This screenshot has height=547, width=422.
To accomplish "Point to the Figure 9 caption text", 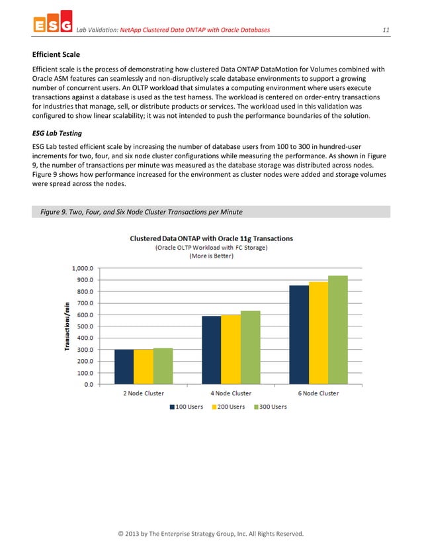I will point(142,212).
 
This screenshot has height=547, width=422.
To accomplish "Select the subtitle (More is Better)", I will point(211,256).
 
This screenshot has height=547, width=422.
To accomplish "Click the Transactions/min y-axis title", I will point(67,327).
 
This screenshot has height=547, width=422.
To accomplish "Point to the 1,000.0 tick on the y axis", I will point(83,268).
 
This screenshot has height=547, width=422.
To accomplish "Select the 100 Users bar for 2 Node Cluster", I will point(124,366).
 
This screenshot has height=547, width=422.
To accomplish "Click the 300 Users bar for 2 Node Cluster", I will point(163,366).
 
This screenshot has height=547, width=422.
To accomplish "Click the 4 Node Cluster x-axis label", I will point(231,393).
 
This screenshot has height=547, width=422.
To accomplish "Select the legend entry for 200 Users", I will point(231,407).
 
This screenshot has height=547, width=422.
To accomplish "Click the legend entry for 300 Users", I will point(271,407).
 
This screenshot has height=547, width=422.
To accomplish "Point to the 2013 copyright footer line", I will point(211,534).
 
